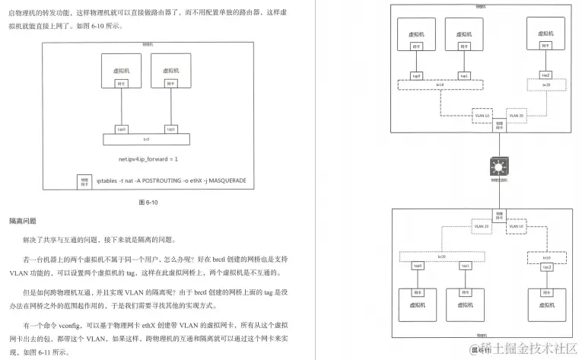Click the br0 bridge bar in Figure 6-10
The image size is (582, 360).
tap(146, 139)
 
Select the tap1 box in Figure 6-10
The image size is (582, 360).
tap(170, 129)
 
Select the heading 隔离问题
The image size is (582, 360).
tap(23, 221)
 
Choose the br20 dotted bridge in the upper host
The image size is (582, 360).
tap(545, 84)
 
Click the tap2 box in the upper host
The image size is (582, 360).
tap(545, 75)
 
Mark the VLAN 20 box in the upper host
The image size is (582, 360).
tap(515, 115)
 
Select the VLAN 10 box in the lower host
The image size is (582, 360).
tap(515, 226)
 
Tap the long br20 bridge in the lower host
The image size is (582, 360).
tap(439, 257)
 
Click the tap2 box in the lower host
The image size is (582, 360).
tap(545, 267)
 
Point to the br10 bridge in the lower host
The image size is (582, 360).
tap(545, 258)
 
